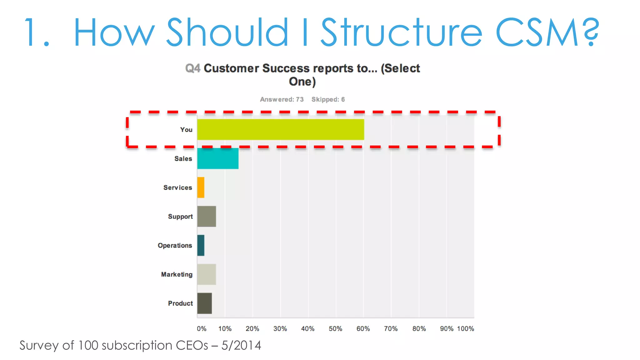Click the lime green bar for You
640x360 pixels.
(x=280, y=129)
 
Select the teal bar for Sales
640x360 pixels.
(x=218, y=158)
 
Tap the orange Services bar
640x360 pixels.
(x=201, y=187)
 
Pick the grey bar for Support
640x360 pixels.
(x=207, y=216)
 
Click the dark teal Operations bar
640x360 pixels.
(x=201, y=245)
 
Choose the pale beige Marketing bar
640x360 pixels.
(x=207, y=274)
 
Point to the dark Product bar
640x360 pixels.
(x=204, y=303)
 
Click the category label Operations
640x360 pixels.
(x=175, y=246)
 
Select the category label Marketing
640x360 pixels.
(x=177, y=274)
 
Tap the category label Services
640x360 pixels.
(x=177, y=187)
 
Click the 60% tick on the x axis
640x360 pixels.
(x=363, y=329)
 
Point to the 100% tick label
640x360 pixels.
(x=465, y=329)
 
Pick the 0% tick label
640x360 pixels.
(x=202, y=329)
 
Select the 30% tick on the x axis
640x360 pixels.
(x=280, y=329)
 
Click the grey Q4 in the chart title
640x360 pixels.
(x=192, y=68)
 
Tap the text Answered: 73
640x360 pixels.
(x=282, y=99)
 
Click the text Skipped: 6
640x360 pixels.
(x=328, y=99)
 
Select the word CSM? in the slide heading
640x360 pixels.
(x=547, y=32)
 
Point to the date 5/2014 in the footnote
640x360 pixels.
(x=241, y=345)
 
